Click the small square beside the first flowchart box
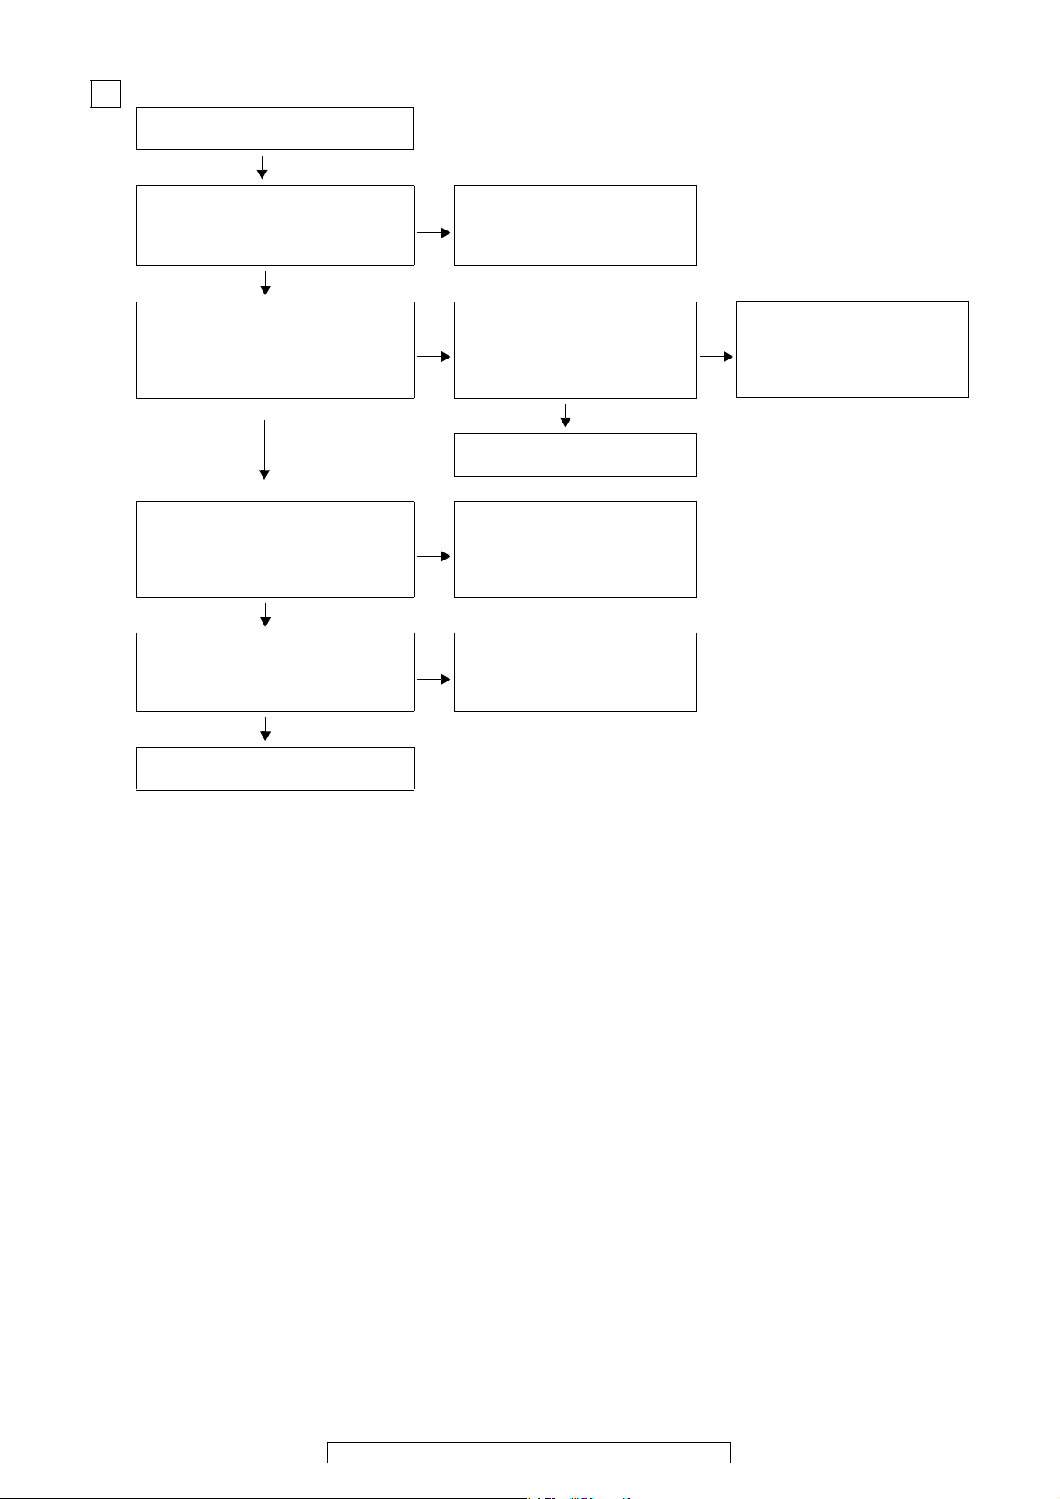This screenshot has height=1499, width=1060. (106, 93)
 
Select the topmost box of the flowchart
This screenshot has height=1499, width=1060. (274, 128)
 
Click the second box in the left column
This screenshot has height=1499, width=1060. (274, 225)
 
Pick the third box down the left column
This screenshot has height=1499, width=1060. (274, 349)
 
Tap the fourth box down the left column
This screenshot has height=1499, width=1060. (274, 548)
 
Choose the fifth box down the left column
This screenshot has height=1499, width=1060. (274, 672)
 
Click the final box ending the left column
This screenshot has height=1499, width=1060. (274, 769)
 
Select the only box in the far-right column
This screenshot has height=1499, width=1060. (852, 349)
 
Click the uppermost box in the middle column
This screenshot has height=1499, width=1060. (574, 225)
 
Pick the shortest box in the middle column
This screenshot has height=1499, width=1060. (574, 455)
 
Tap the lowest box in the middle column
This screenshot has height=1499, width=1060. (574, 672)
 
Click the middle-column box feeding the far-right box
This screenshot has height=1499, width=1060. (574, 349)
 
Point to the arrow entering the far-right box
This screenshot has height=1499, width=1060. (716, 357)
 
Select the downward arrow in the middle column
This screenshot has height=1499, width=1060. (565, 415)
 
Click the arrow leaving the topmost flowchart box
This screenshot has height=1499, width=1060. (263, 167)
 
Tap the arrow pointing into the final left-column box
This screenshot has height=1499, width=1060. (265, 729)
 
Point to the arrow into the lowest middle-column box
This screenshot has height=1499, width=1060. (433, 680)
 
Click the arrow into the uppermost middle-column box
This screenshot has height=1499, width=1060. (433, 233)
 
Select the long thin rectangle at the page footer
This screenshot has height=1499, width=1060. (528, 1453)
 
